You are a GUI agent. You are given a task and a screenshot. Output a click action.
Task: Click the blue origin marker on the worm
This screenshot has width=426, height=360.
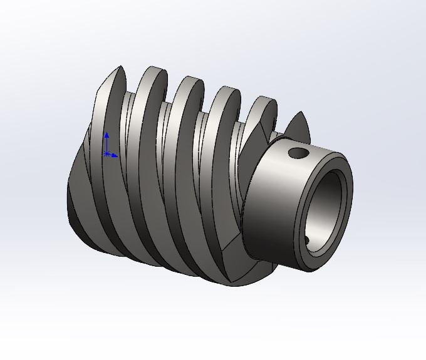(x=107, y=153)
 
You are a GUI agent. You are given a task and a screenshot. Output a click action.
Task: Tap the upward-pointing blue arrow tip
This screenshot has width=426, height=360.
(x=107, y=133)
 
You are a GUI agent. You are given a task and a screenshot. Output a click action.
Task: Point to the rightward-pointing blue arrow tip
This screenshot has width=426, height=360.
(x=117, y=153)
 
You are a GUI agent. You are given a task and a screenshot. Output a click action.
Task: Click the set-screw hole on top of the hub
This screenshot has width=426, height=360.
(x=297, y=152)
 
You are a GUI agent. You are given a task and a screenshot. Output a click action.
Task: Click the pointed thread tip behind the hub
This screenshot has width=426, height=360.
(x=299, y=122)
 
